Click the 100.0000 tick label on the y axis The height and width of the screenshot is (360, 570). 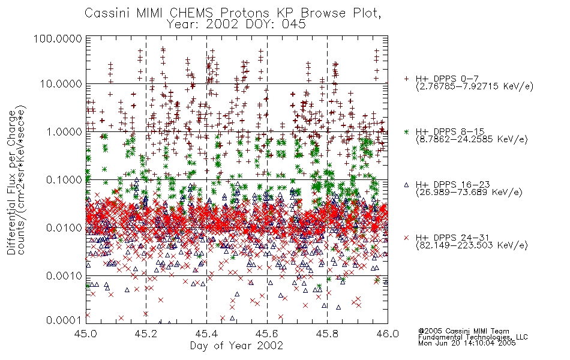(x=58, y=39)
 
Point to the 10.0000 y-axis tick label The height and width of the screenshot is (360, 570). (x=61, y=84)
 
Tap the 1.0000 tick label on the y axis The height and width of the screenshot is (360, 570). (x=64, y=131)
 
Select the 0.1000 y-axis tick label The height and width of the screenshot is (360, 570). (x=64, y=179)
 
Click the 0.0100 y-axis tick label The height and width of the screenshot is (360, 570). (x=64, y=227)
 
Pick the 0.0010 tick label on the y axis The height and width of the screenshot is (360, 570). (x=64, y=275)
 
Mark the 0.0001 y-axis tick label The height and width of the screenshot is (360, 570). (x=64, y=320)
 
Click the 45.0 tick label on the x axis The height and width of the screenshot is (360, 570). (x=86, y=334)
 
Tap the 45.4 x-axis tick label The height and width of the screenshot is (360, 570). (x=206, y=334)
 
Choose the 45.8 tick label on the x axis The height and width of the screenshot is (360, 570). (x=327, y=334)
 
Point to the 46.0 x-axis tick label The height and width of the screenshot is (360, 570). (x=388, y=334)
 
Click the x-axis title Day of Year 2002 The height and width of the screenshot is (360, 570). (x=236, y=346)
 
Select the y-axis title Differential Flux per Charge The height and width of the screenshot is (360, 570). (x=11, y=182)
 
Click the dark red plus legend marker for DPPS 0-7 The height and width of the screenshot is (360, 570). (x=406, y=79)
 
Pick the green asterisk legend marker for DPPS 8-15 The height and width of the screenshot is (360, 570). (x=406, y=131)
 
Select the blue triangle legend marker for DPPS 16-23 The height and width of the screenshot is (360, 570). (x=406, y=185)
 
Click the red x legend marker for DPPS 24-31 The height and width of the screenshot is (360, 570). (x=406, y=238)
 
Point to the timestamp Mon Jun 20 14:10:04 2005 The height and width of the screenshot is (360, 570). (x=467, y=343)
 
